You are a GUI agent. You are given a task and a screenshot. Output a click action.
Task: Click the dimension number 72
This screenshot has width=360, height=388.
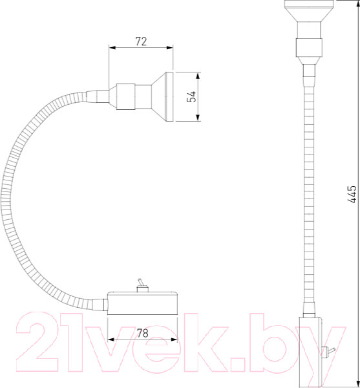[x=141, y=41]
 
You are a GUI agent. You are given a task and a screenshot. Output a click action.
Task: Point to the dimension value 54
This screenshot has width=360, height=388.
[x=191, y=96]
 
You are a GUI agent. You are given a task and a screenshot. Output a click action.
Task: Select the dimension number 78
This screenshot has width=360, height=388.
[x=143, y=333]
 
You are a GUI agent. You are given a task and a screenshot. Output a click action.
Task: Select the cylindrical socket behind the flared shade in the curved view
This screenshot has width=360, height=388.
[x=125, y=96]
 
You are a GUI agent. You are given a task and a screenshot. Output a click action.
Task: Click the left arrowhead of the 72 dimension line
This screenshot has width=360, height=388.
[x=112, y=47]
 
